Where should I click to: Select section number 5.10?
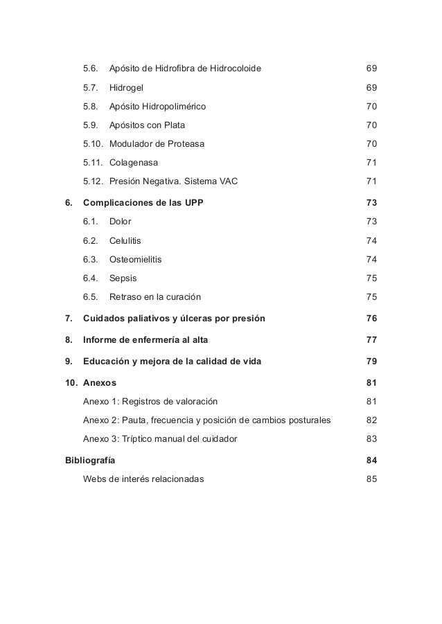pyautogui.click(x=93, y=144)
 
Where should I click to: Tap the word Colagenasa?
pyautogui.click(x=134, y=163)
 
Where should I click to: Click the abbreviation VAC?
pyautogui.click(x=225, y=181)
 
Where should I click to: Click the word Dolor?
pyautogui.click(x=121, y=222)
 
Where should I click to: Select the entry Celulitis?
pyautogui.click(x=126, y=240)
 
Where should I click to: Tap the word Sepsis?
pyautogui.click(x=123, y=278)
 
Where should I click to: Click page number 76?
pyautogui.click(x=371, y=319)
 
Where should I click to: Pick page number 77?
pyautogui.click(x=371, y=340)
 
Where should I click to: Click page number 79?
pyautogui.click(x=371, y=362)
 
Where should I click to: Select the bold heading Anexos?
pyautogui.click(x=100, y=383)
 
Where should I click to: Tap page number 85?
pyautogui.click(x=371, y=479)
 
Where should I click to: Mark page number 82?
pyautogui.click(x=371, y=420)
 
